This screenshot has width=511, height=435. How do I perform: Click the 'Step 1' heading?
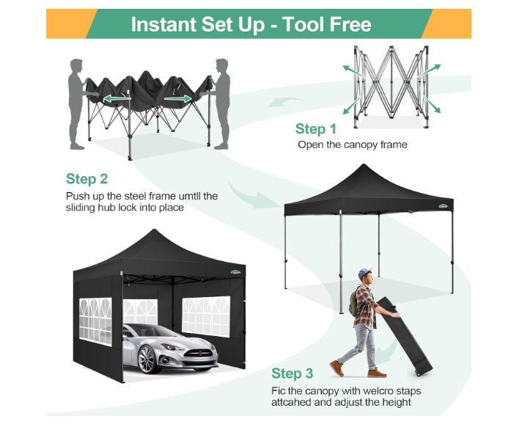point(315,129)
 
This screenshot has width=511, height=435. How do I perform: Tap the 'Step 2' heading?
point(87,179)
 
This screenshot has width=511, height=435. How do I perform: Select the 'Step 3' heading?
point(293,373)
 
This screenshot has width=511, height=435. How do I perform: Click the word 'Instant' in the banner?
point(163,24)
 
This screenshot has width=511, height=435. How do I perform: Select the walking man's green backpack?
point(353,304)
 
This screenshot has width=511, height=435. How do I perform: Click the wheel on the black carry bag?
point(418,373)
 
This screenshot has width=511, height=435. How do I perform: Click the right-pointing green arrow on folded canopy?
point(178,98)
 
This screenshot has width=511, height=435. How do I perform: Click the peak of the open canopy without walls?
point(364,164)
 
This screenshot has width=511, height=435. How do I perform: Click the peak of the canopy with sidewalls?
point(154,230)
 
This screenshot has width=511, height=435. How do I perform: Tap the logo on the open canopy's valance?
point(444,205)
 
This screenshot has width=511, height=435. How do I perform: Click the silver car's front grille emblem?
point(200,353)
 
